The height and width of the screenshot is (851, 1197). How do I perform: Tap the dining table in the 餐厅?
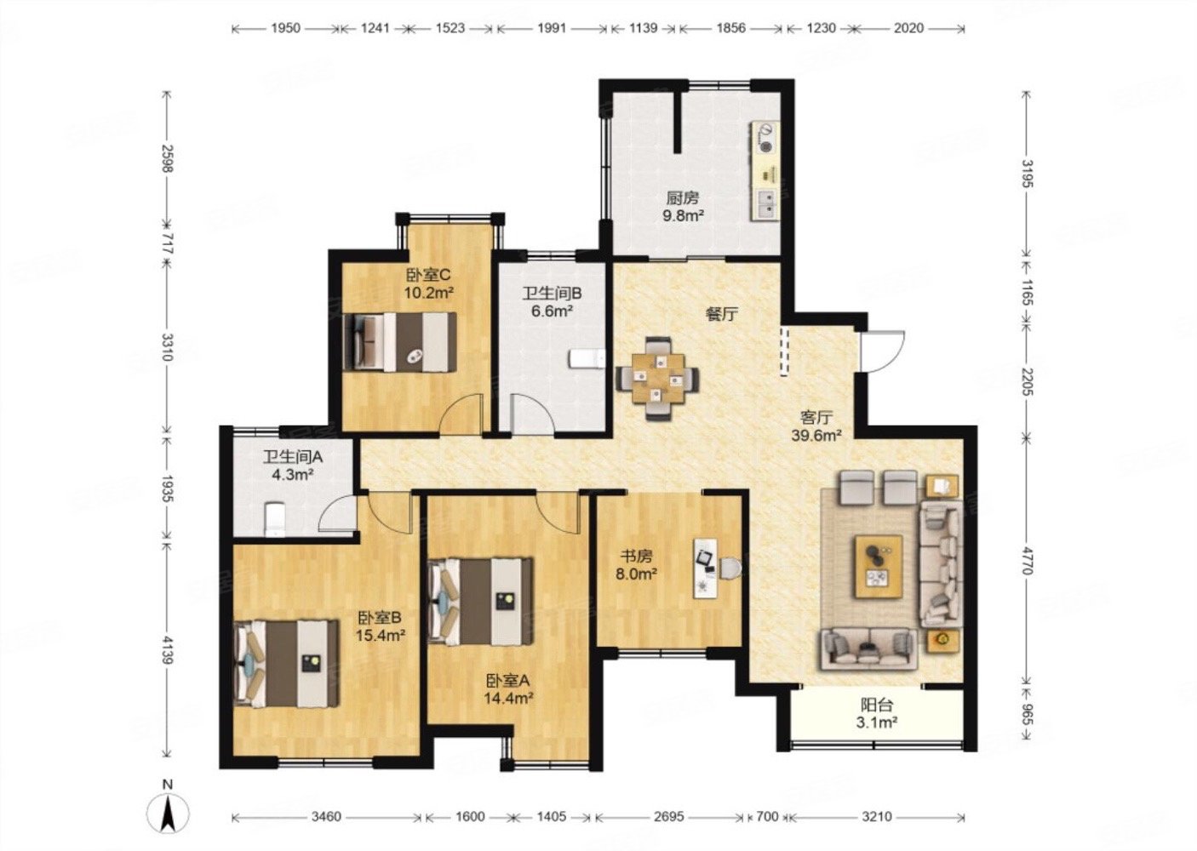[x=657, y=378]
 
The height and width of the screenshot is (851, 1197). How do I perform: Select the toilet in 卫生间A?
[x=275, y=519]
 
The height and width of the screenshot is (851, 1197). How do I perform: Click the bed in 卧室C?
[x=400, y=342]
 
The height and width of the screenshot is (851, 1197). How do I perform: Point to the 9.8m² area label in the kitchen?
[x=684, y=216]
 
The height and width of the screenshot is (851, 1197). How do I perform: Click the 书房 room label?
[x=637, y=556]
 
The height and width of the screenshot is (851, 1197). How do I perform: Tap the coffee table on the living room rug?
[x=879, y=566]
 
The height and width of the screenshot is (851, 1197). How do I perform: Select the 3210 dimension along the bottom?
[x=878, y=817]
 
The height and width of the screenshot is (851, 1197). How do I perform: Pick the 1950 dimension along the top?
[x=286, y=28]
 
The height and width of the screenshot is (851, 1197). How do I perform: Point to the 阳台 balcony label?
[x=877, y=705]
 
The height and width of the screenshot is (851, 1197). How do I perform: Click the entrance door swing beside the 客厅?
[x=882, y=351]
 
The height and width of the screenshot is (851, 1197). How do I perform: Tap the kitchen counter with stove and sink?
[x=765, y=172]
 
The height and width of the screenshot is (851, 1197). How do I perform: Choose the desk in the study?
[x=707, y=568]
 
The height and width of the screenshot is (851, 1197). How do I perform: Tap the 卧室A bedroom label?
[x=507, y=681]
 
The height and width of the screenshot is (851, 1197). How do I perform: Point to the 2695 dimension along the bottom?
[x=669, y=817]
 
